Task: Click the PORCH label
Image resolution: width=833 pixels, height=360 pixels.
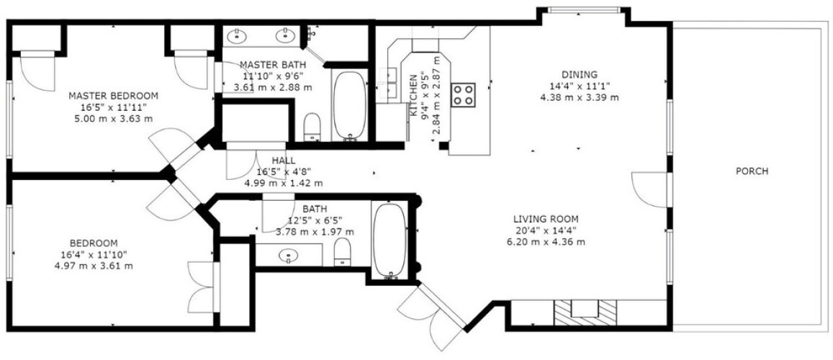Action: tap(752, 171)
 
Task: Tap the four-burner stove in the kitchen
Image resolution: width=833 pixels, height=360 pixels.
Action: tap(463, 95)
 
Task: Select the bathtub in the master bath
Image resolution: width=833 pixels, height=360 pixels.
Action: tap(350, 106)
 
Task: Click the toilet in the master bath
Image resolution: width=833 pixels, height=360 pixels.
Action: tap(312, 127)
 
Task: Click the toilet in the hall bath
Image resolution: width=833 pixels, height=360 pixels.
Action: tap(343, 251)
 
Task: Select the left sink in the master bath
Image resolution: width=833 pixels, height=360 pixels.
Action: tap(236, 36)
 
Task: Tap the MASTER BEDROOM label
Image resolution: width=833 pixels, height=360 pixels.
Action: tap(114, 96)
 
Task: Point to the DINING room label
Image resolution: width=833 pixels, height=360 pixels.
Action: tap(580, 75)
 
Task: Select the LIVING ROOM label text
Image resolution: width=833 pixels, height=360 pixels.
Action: tap(546, 219)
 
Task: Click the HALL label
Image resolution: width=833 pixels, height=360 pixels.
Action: tap(284, 161)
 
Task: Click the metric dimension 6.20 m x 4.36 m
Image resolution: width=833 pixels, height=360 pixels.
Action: tap(546, 242)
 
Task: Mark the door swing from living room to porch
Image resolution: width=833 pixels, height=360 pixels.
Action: tap(648, 190)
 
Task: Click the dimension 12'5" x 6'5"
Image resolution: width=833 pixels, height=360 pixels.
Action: tap(315, 220)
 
